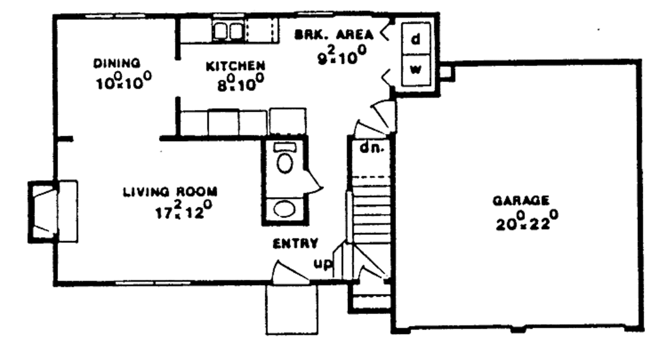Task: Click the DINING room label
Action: pos(117,63)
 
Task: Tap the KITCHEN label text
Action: pos(235,66)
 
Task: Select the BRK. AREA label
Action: pos(333,35)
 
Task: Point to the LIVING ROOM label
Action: pos(169,192)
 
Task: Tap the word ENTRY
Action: pos(295,244)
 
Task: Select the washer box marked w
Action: pos(415,70)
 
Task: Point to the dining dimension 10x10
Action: pos(122,83)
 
